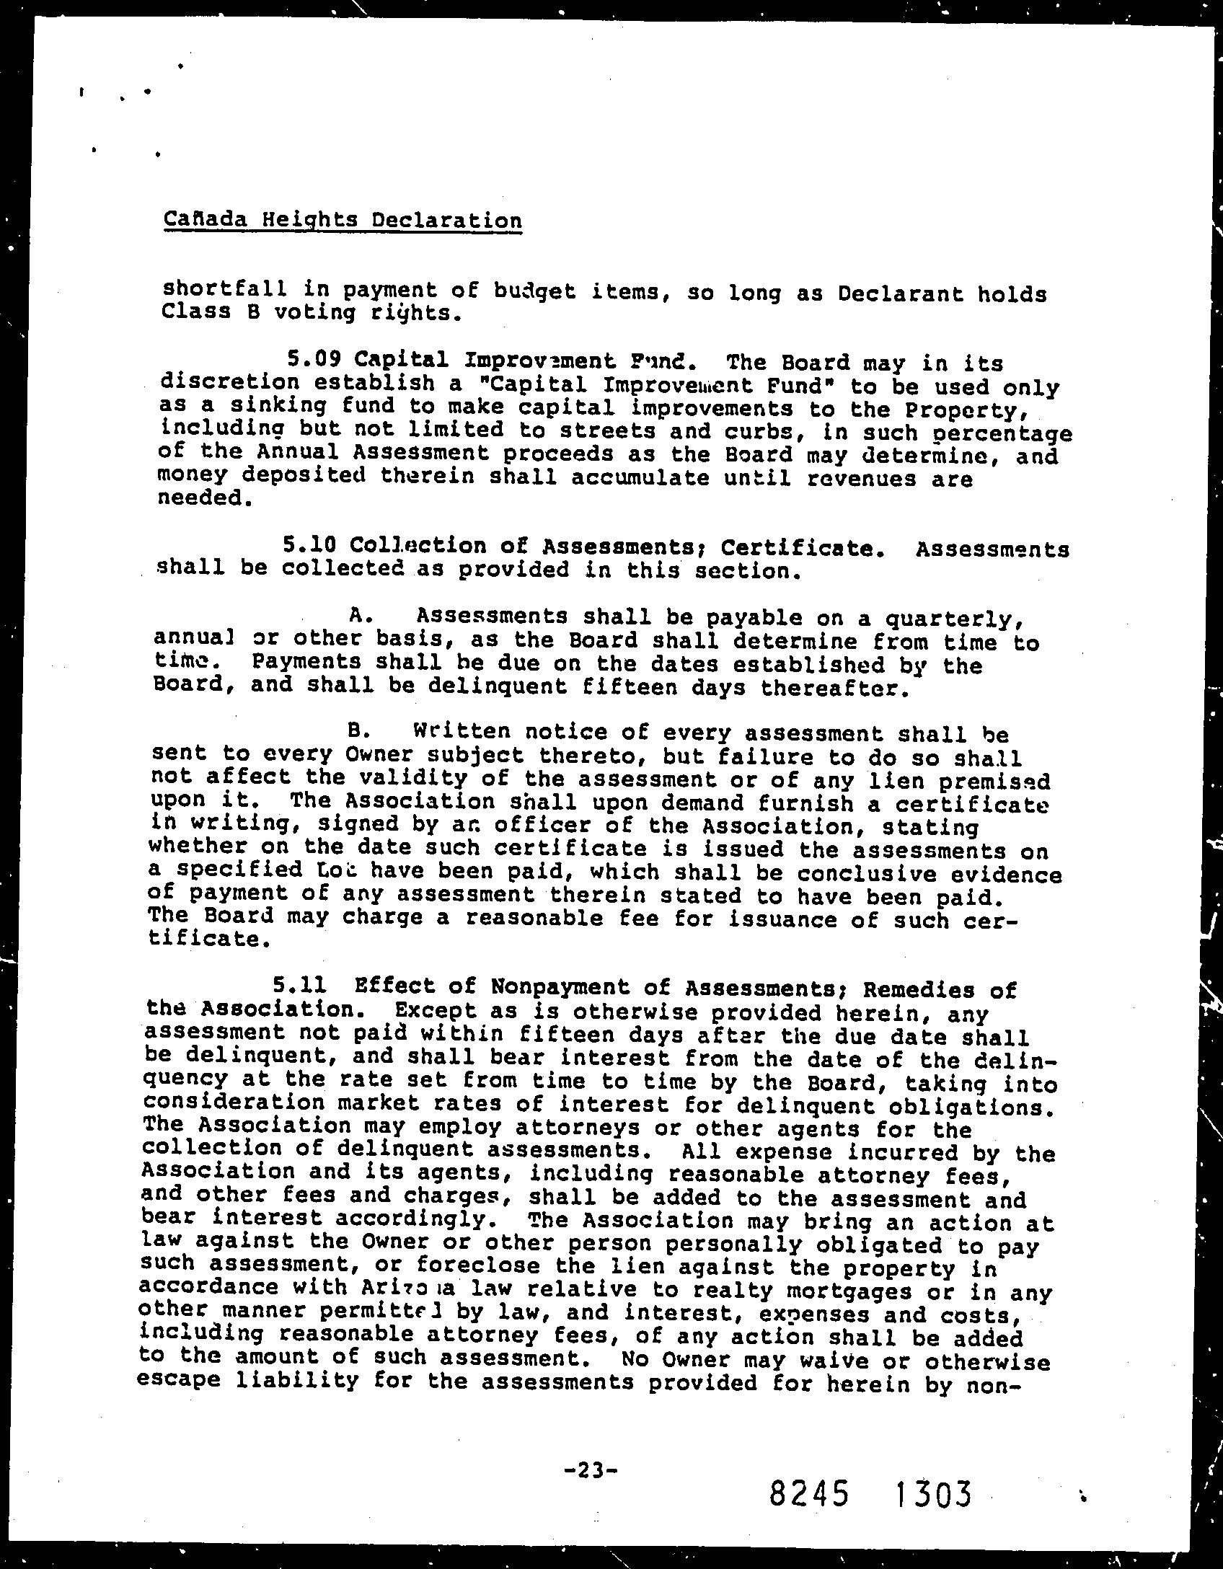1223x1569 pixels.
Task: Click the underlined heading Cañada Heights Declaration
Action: (x=343, y=219)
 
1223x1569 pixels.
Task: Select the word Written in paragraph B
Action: (x=462, y=731)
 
